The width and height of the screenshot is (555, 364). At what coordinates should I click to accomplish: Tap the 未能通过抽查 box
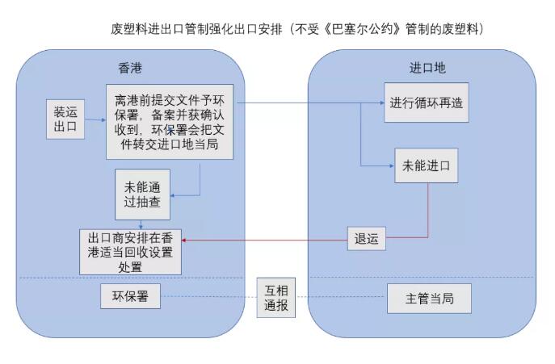142,195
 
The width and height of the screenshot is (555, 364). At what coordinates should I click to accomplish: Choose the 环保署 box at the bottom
130,296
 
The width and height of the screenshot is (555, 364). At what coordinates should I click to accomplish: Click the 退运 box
366,239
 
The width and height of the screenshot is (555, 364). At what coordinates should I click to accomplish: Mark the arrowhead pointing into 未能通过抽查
175,195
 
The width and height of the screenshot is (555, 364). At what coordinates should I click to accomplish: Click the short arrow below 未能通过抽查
142,224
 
